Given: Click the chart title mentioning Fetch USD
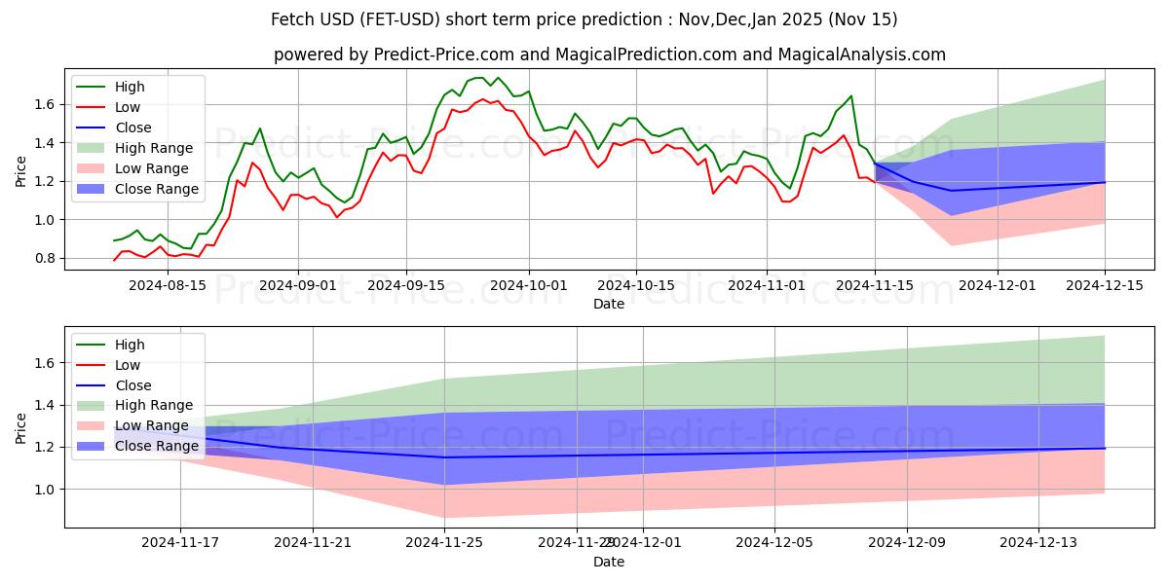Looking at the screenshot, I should coord(584,19).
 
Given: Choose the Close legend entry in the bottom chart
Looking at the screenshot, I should coord(132,384).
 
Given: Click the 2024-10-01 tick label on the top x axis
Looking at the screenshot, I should coord(529,285).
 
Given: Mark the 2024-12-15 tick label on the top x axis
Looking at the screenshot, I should coord(1105,285).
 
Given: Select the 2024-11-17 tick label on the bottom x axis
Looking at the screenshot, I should coord(180,542).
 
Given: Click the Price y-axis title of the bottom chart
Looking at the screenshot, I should coord(21,427).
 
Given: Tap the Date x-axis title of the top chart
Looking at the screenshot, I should coord(609,304).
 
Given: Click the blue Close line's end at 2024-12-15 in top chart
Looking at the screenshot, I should coord(1105,182).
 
